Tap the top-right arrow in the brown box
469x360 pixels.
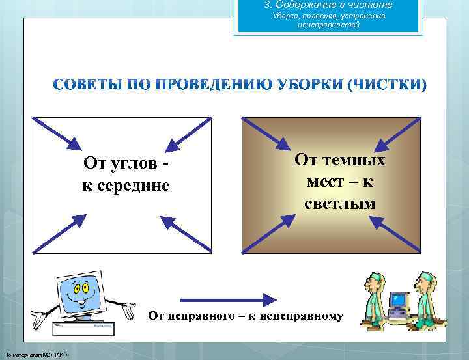click(x=398, y=135)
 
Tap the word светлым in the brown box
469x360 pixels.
click(x=340, y=204)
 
